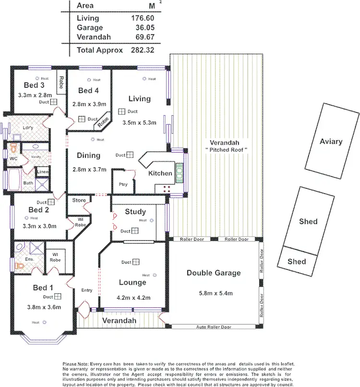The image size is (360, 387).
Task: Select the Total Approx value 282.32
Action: [143, 50]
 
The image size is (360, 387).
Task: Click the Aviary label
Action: [331, 141]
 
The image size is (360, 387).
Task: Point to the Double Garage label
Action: [214, 273]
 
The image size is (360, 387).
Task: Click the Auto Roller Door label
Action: [214, 327]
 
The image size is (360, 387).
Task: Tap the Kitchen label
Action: [160, 173]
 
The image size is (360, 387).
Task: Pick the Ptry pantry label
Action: [123, 184]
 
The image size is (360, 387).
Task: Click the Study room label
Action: [135, 212]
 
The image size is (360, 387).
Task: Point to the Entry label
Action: [87, 290]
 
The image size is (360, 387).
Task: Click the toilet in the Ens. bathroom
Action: [20, 265]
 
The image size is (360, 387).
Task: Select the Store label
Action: [79, 200]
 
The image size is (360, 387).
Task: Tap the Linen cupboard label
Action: [43, 171]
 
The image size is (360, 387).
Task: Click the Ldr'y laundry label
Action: [28, 128]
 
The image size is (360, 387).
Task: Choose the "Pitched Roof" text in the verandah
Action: [225, 150]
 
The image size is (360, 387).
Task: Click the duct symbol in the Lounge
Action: [136, 262]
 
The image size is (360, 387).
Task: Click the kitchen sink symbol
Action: [180, 171]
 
